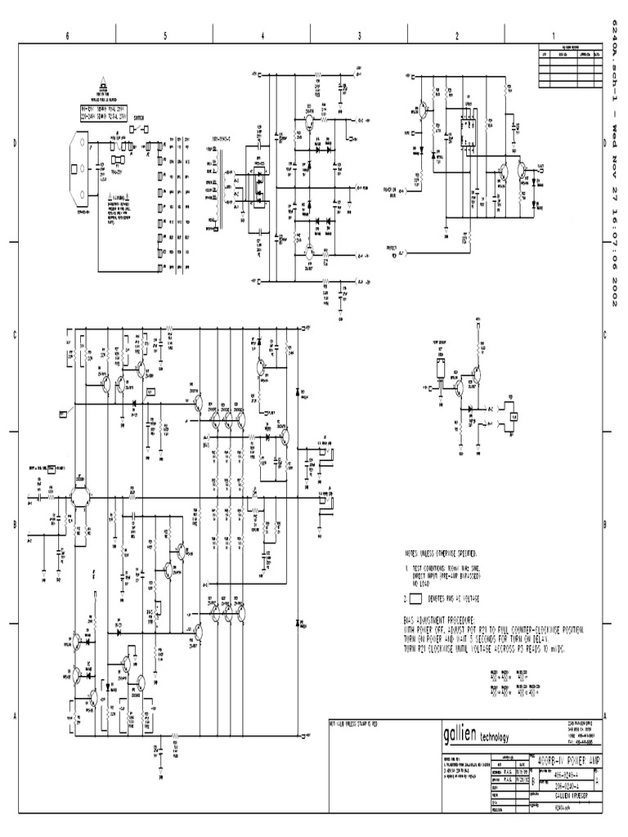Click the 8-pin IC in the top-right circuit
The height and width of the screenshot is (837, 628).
coord(468,127)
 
